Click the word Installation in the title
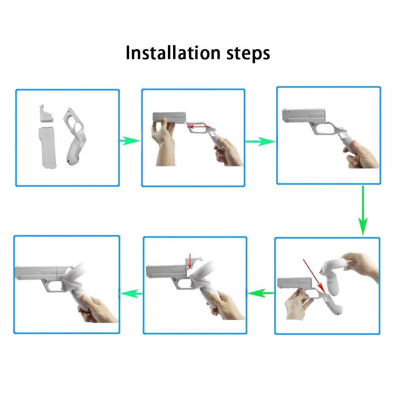tap(173, 53)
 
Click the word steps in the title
tap(248, 53)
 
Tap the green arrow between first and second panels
tap(130, 141)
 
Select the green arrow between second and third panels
tap(261, 141)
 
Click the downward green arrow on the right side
tap(363, 211)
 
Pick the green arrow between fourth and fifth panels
tap(261, 293)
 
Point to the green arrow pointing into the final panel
tap(131, 293)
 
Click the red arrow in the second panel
tap(198, 127)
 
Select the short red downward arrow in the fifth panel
tap(190, 261)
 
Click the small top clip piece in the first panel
tap(46, 114)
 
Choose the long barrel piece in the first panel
tap(47, 148)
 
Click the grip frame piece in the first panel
tap(75, 136)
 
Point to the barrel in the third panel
tap(303, 115)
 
